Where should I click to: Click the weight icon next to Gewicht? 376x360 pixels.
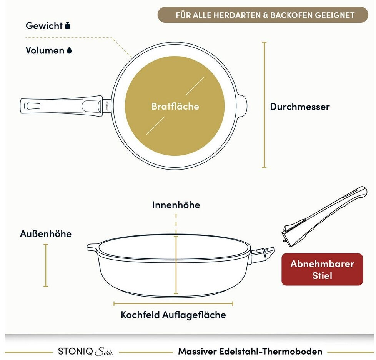click(x=68, y=26)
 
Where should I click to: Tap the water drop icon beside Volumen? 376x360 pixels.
click(x=69, y=50)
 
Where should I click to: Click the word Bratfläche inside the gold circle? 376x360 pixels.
click(x=175, y=106)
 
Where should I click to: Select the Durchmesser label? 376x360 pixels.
click(x=300, y=107)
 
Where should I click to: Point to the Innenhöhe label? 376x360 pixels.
click(x=176, y=205)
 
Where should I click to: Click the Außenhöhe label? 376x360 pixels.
click(x=46, y=234)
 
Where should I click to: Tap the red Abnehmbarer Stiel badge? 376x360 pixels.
click(x=322, y=269)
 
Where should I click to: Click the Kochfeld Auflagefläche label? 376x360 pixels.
click(x=173, y=315)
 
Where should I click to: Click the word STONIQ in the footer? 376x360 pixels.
click(x=75, y=352)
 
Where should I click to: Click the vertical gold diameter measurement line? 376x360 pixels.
click(x=264, y=105)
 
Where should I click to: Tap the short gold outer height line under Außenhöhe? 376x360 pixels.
click(x=46, y=265)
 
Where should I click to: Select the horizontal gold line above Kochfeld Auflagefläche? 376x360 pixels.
click(x=173, y=303)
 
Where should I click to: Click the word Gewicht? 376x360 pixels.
click(x=44, y=26)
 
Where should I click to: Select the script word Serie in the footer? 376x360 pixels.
click(x=104, y=352)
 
